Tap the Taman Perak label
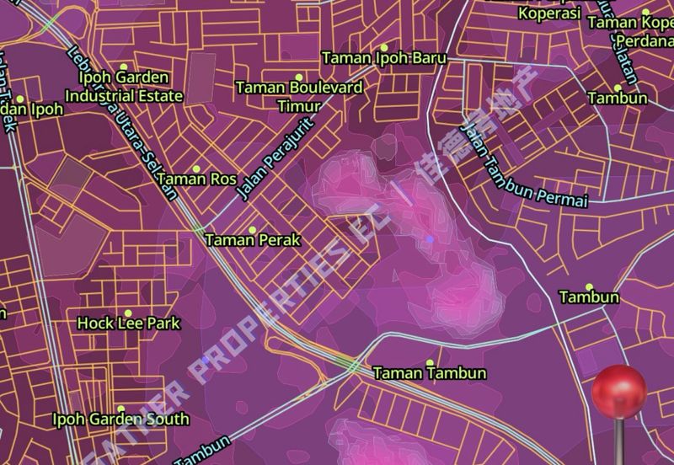pos(253,240)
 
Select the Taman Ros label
pos(197,179)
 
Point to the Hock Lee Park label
pos(129,323)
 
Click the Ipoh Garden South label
pos(120,419)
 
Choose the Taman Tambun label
pos(430,372)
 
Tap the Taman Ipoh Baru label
pos(384,58)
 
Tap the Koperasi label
pos(549,13)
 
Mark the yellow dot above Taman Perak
pos(253,229)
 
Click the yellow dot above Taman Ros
pos(197,169)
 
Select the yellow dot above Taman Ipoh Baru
pos(384,47)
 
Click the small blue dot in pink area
pos(430,239)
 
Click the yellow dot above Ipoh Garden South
pos(120,409)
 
